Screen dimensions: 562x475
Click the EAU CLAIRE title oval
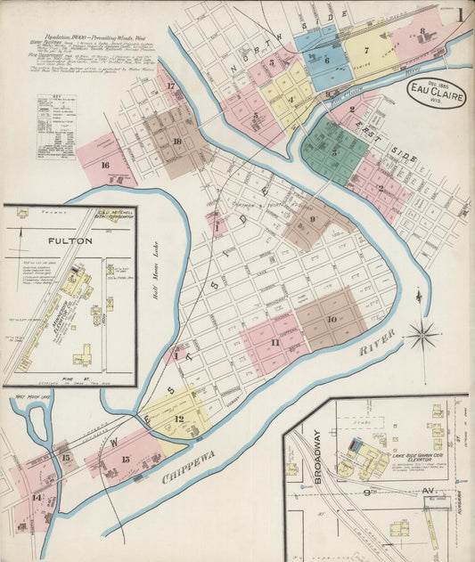pos(437,94)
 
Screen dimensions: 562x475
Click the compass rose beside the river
pos(422,336)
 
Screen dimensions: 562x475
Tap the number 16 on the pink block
pos(105,165)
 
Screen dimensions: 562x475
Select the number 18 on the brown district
pos(177,141)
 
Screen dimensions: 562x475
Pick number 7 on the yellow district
pos(365,51)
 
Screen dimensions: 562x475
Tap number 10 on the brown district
pos(331,318)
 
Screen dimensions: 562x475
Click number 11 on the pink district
pos(274,342)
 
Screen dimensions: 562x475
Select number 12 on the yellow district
pos(179,419)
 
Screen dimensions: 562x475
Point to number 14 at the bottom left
pos(37,497)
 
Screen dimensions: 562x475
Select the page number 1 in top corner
pos(460,14)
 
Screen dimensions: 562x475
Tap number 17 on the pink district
pos(170,87)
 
